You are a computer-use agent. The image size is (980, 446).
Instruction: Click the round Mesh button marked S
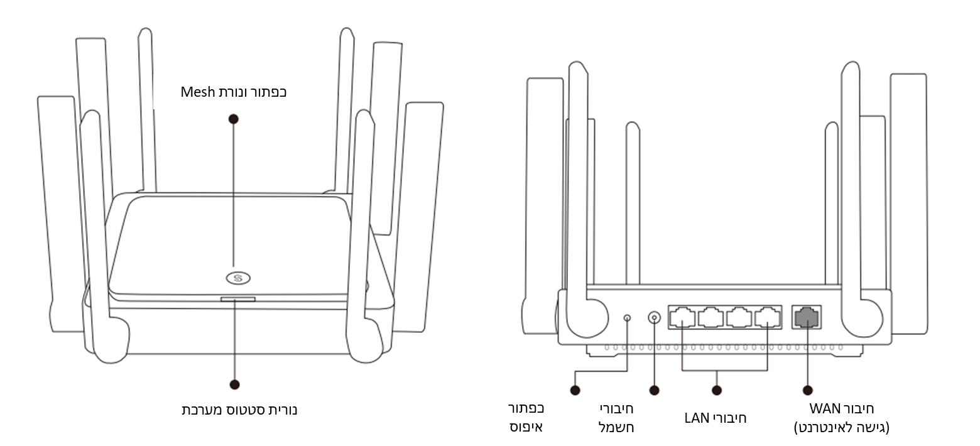point(238,277)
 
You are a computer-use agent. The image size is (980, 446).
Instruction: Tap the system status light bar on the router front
point(238,300)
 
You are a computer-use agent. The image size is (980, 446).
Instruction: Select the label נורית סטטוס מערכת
point(239,410)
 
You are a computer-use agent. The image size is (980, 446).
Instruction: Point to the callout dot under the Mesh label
point(234,118)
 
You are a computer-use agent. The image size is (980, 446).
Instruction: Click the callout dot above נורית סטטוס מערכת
point(235,384)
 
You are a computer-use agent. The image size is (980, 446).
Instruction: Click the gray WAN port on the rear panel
point(807,318)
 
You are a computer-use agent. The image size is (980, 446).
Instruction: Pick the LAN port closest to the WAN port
point(767,318)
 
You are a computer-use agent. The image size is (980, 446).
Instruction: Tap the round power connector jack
point(655,318)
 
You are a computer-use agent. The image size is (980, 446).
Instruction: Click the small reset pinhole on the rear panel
point(628,318)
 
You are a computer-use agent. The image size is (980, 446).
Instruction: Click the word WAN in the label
point(824,410)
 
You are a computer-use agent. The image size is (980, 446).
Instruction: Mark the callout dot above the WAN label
point(807,390)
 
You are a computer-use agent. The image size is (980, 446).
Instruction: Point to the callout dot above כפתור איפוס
point(575,390)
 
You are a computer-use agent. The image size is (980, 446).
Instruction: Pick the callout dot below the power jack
point(655,390)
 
